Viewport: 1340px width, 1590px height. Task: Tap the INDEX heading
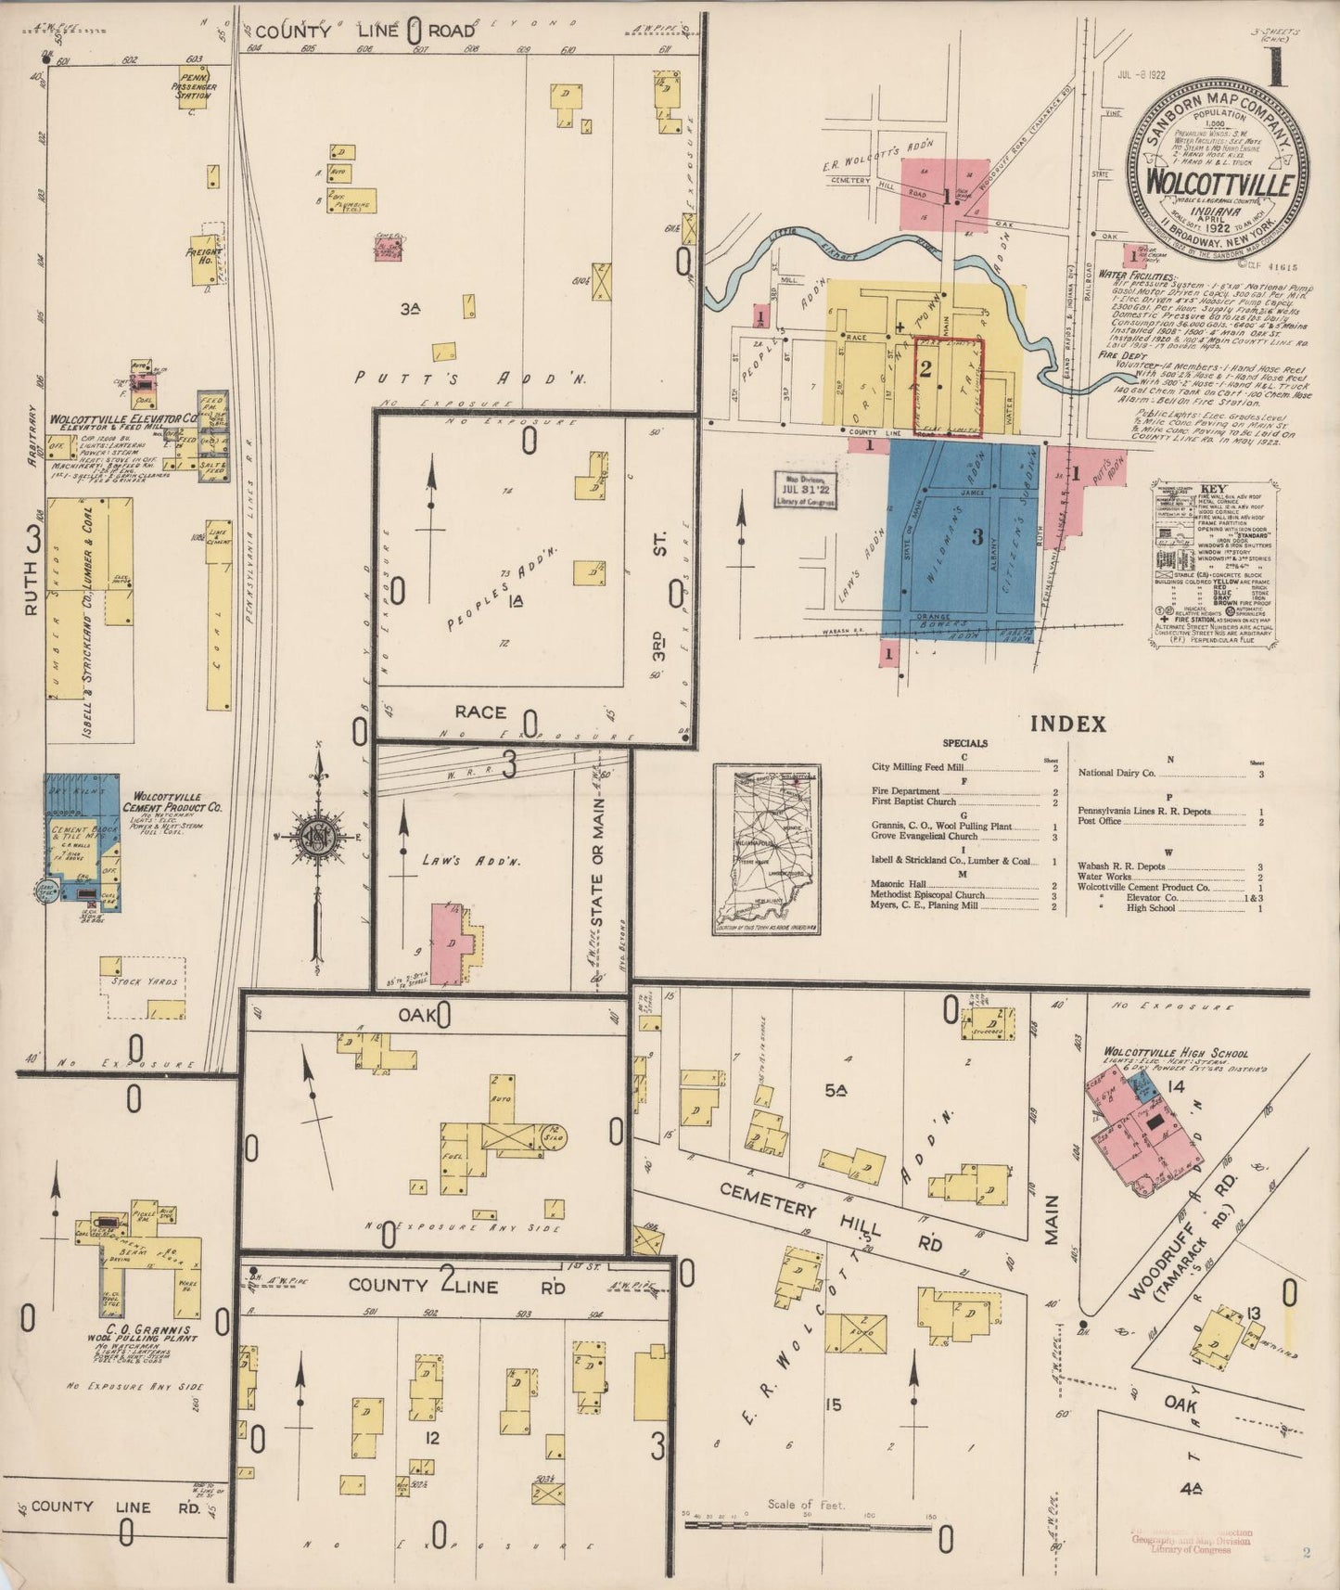[1068, 724]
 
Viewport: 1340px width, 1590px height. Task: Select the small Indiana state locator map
[767, 849]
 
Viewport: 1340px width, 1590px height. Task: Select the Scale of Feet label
[805, 1504]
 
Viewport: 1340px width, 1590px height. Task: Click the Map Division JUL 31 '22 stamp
[805, 489]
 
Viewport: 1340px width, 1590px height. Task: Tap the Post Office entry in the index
[1100, 821]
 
